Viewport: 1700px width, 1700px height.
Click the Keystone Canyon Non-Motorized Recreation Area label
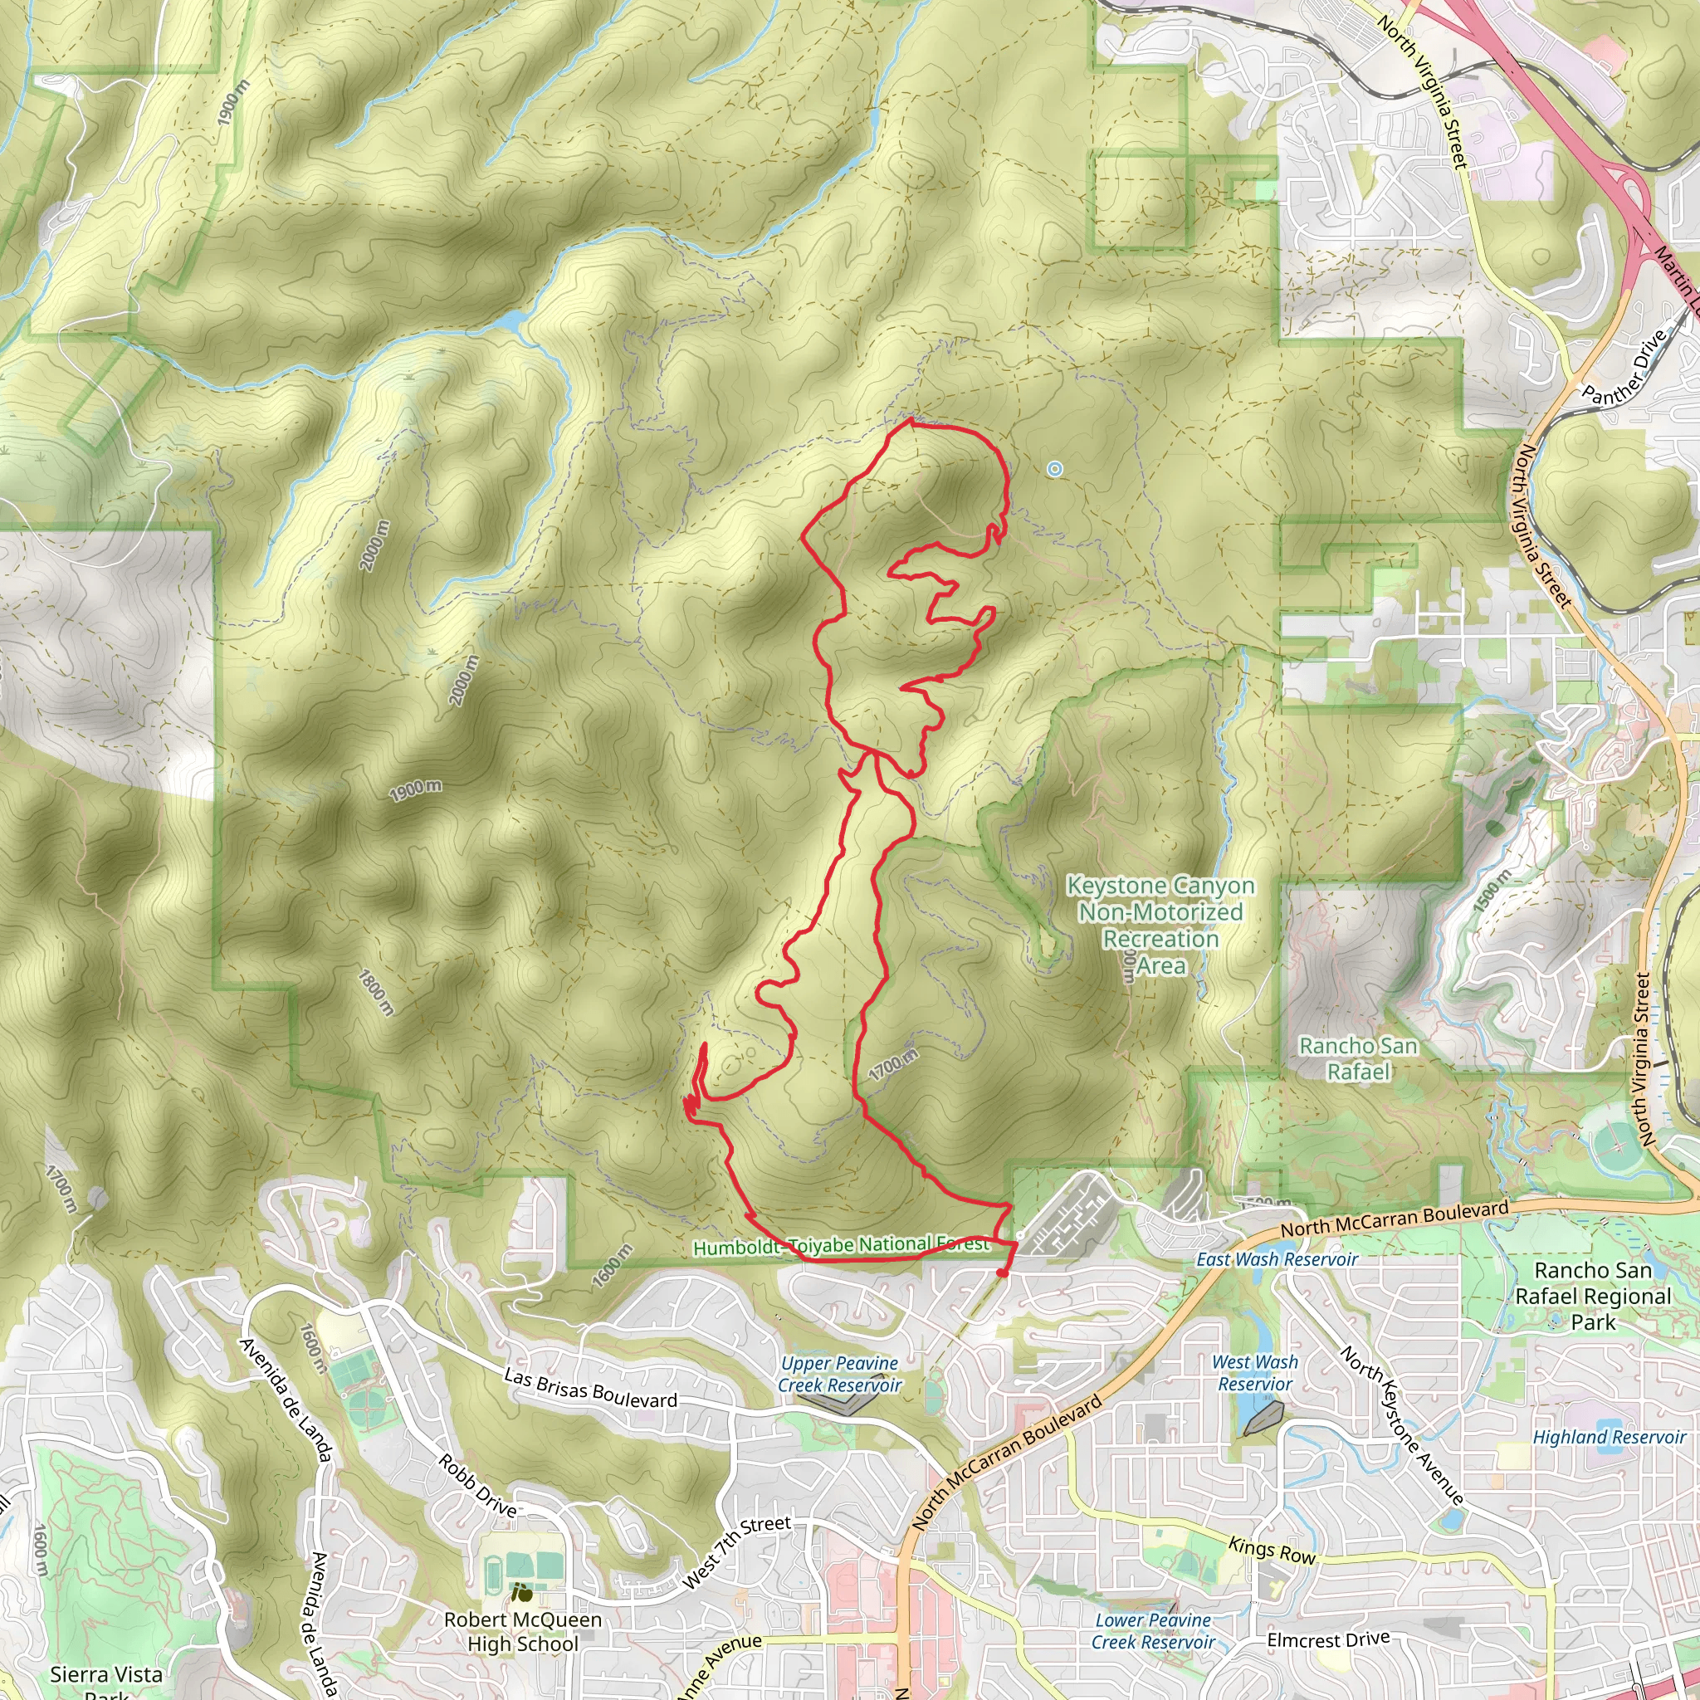coord(1160,925)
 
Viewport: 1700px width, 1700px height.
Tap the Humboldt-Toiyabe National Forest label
coord(840,1246)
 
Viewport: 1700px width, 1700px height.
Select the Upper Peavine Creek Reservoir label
coord(839,1375)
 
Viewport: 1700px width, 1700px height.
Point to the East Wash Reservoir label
coord(1276,1259)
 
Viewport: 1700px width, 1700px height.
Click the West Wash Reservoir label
coord(1255,1373)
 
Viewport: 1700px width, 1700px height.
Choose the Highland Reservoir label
coord(1609,1437)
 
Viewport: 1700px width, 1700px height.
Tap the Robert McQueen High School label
coord(523,1631)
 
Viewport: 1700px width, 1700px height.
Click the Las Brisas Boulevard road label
coord(590,1388)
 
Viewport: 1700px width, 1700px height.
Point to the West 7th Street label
coord(737,1552)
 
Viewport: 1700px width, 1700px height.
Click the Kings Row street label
coord(1272,1551)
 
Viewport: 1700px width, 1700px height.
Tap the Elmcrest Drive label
coord(1328,1640)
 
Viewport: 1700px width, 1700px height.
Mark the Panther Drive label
coord(1624,367)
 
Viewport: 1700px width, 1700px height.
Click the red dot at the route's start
coord(1001,1273)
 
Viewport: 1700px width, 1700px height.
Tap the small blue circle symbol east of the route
coord(1054,469)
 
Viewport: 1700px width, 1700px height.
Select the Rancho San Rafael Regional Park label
coord(1593,1296)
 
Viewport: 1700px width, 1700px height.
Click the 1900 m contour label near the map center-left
coord(415,790)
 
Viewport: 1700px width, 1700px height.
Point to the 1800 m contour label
coord(376,992)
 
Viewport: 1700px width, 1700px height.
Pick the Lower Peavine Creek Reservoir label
coord(1153,1630)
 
